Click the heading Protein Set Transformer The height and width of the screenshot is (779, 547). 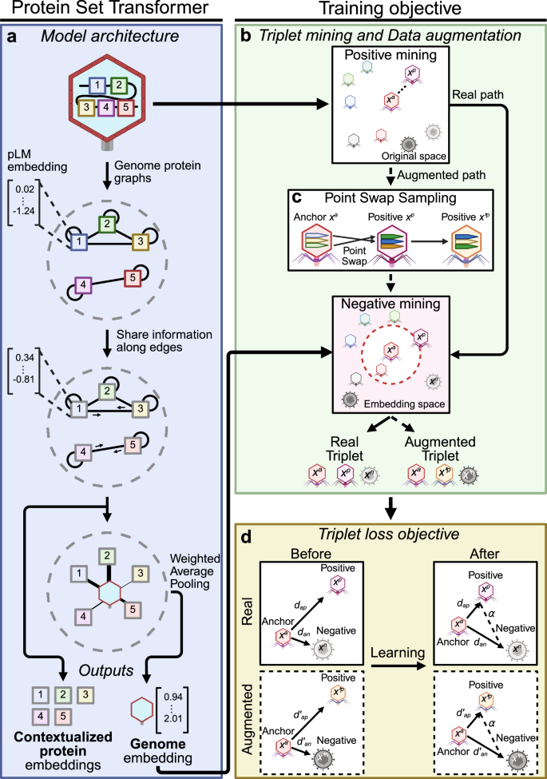click(110, 10)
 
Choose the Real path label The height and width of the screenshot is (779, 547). click(477, 93)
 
